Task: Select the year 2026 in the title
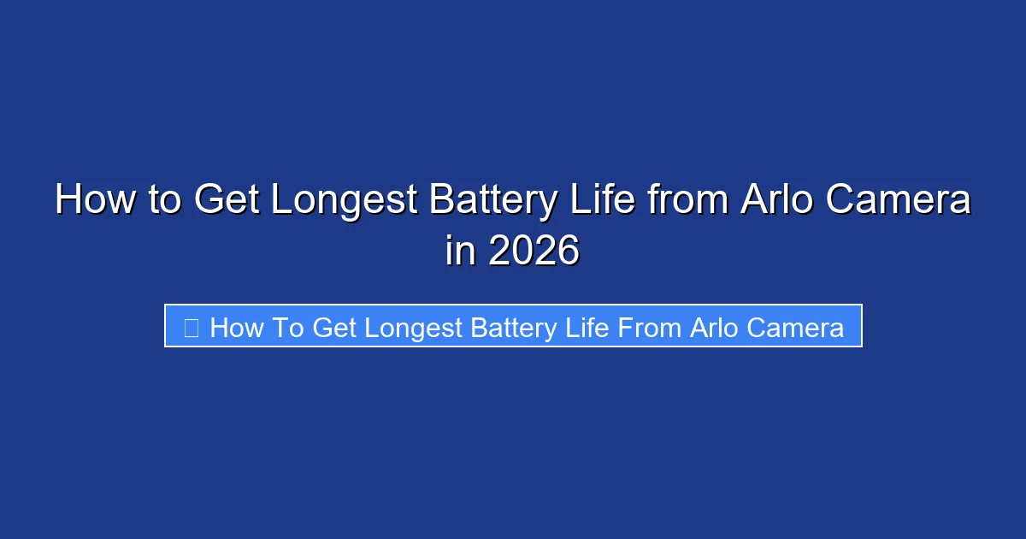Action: point(534,252)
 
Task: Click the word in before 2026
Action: point(460,252)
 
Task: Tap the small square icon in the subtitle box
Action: point(192,328)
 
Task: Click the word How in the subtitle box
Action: point(234,328)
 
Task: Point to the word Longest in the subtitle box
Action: point(410,328)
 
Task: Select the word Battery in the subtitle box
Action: point(518,328)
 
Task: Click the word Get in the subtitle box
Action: point(335,328)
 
